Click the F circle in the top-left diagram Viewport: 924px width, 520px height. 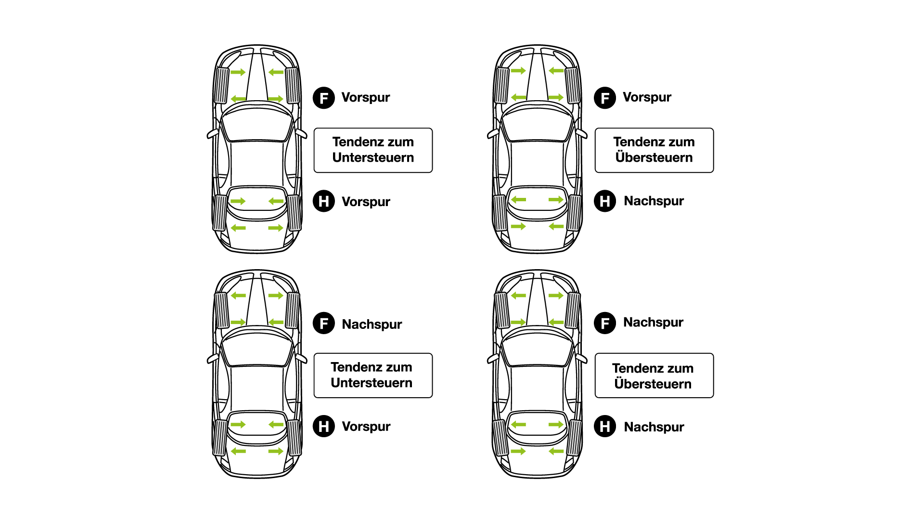click(324, 98)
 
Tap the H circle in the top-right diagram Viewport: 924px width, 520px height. click(605, 201)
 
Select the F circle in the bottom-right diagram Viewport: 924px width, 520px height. click(605, 323)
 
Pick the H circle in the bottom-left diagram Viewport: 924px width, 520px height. click(324, 426)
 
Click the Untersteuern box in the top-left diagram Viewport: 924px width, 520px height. click(373, 150)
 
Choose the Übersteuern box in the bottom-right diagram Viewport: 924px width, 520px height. click(654, 376)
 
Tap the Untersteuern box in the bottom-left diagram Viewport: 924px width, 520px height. click(373, 375)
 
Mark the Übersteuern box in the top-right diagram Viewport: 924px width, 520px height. click(654, 150)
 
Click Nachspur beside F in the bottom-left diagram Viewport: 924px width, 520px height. click(372, 324)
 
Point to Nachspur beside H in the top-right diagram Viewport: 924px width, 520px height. click(654, 201)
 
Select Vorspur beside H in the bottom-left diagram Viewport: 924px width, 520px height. click(366, 426)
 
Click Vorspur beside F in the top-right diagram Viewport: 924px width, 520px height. click(647, 97)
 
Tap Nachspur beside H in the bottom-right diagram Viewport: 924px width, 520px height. click(654, 427)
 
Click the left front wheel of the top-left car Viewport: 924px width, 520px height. click(221, 85)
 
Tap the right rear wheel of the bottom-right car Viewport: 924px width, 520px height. click(574, 437)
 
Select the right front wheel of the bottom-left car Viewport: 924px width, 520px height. click(293, 311)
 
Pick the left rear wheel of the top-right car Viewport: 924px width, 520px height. click(500, 212)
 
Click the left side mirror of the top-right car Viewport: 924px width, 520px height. click(493, 133)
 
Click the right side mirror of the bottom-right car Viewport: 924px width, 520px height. click(581, 358)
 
